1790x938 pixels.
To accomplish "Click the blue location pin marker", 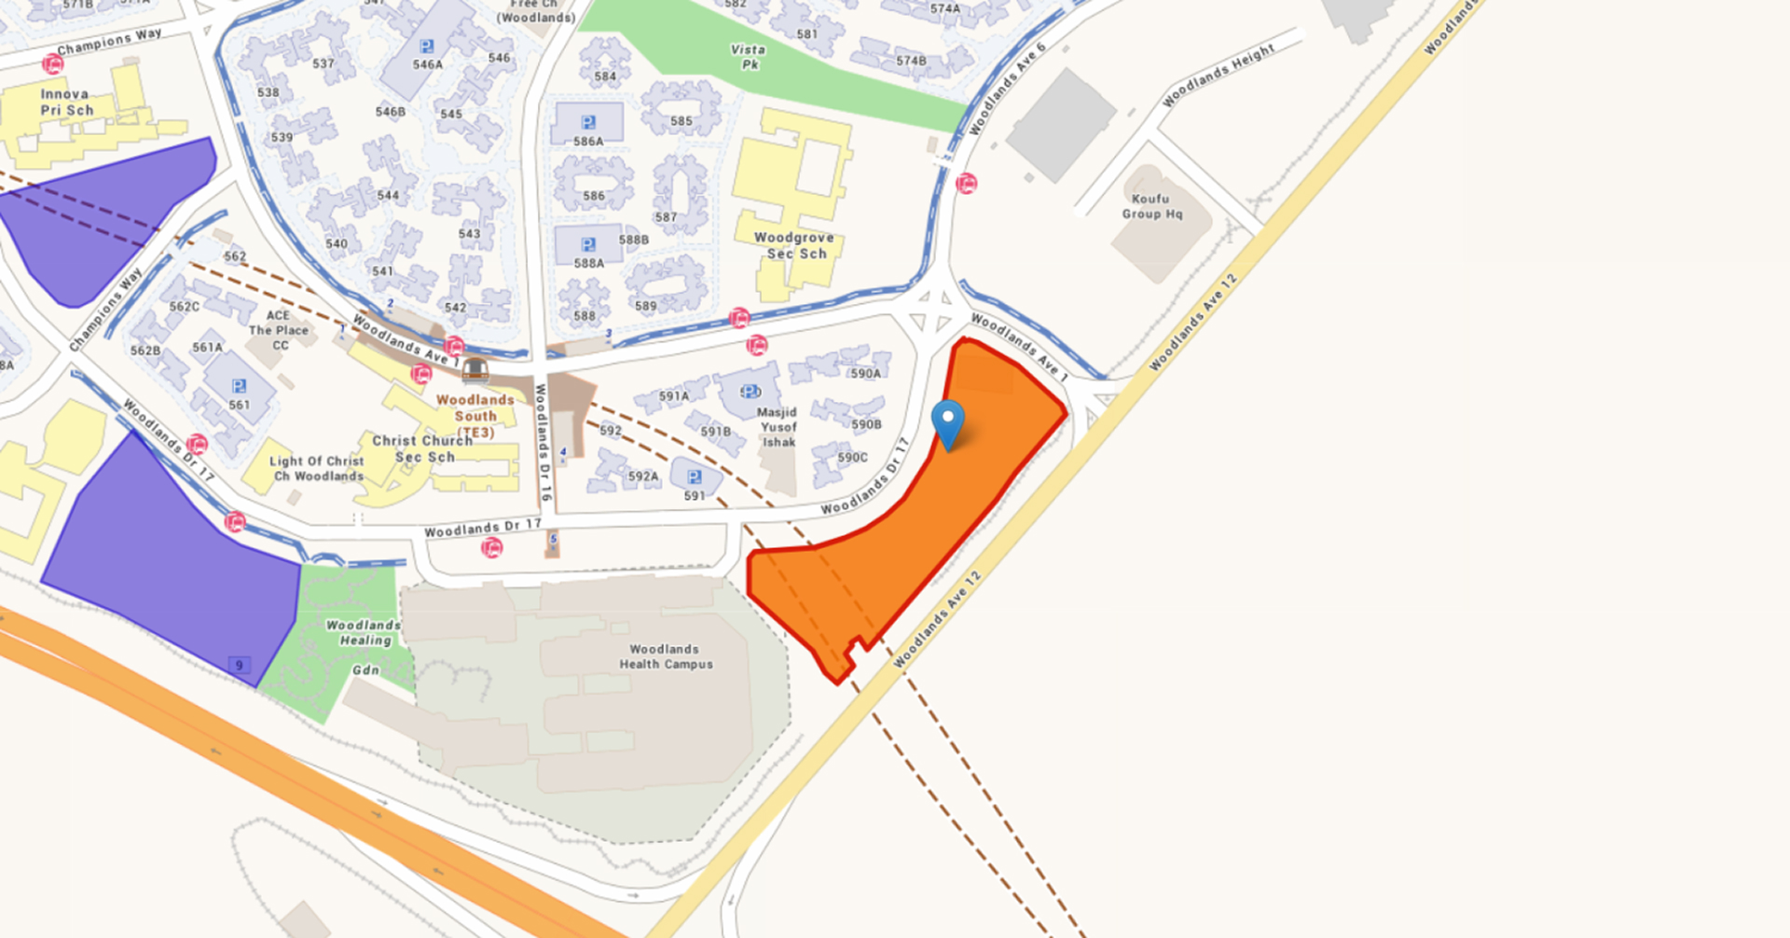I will click(x=948, y=421).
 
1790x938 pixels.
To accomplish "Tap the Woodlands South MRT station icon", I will click(x=475, y=370).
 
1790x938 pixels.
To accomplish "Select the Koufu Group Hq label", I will click(x=1151, y=206).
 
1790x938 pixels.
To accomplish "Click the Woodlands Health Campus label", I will click(x=666, y=656).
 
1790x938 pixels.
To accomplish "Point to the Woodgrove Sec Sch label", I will click(x=795, y=245).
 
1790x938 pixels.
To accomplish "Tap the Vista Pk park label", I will click(x=749, y=57).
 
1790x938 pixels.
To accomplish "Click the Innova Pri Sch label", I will click(x=66, y=102).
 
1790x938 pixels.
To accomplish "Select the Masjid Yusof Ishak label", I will click(x=778, y=426).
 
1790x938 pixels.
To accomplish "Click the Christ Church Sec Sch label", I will click(x=423, y=448).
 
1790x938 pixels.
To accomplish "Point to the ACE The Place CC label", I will click(x=278, y=330).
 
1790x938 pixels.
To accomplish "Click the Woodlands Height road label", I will click(x=1218, y=75).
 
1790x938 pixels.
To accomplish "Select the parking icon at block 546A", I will click(x=427, y=47).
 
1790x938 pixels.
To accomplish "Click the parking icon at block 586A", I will click(x=588, y=122).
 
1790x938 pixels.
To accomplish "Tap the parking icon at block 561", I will click(x=240, y=386).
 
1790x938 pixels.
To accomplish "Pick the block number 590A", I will click(x=865, y=373).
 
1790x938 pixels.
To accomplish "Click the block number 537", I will click(x=323, y=64).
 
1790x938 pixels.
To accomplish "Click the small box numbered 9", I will click(x=240, y=665).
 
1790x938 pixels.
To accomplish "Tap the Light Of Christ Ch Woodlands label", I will click(x=317, y=468).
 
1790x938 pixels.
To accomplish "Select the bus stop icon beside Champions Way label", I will click(x=53, y=64).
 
